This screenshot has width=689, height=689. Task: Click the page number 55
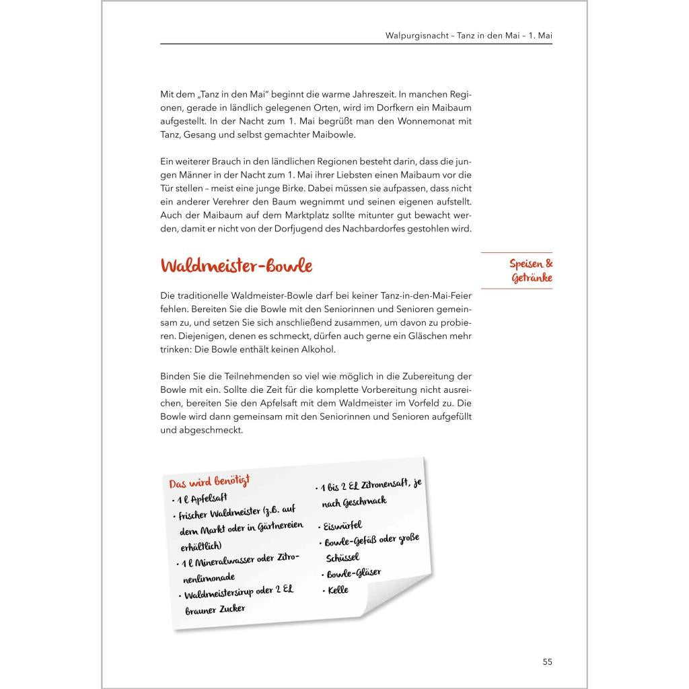coord(547,661)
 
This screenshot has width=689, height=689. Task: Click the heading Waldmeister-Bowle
coord(236,266)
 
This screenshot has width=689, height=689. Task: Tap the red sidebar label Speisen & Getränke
coord(531,271)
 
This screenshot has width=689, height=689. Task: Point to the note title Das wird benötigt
coord(209,481)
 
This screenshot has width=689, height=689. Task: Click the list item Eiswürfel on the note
coord(342,525)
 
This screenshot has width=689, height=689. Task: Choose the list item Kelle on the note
coord(338,590)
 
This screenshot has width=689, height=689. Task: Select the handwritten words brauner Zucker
coord(215,610)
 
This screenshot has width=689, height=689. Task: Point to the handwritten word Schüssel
coord(342,558)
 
